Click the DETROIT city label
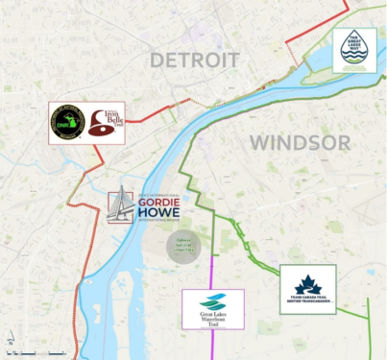click(195, 60)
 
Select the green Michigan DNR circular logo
click(67, 122)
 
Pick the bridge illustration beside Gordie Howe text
click(119, 206)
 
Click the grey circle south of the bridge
click(184, 246)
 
